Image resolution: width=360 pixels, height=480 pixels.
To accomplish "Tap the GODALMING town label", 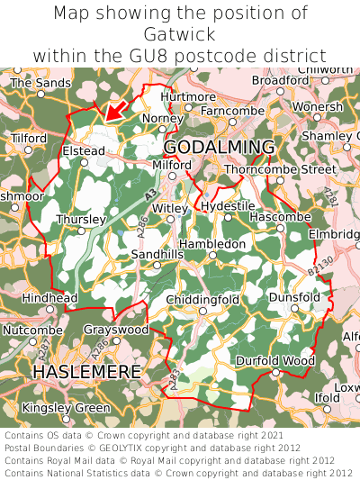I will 219,148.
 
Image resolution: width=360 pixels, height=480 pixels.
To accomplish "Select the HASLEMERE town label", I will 86,371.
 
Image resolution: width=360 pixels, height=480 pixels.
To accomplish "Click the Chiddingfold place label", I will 203,299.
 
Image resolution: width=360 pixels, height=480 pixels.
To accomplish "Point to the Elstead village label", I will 84,151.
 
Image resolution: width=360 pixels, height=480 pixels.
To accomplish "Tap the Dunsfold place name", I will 294,296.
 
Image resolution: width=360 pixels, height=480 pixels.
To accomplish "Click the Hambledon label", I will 212,244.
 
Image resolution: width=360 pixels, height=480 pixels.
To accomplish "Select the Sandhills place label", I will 157,255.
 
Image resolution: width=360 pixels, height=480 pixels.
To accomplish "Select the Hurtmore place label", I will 188,96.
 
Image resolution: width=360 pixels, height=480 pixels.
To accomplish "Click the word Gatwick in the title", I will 180,34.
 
